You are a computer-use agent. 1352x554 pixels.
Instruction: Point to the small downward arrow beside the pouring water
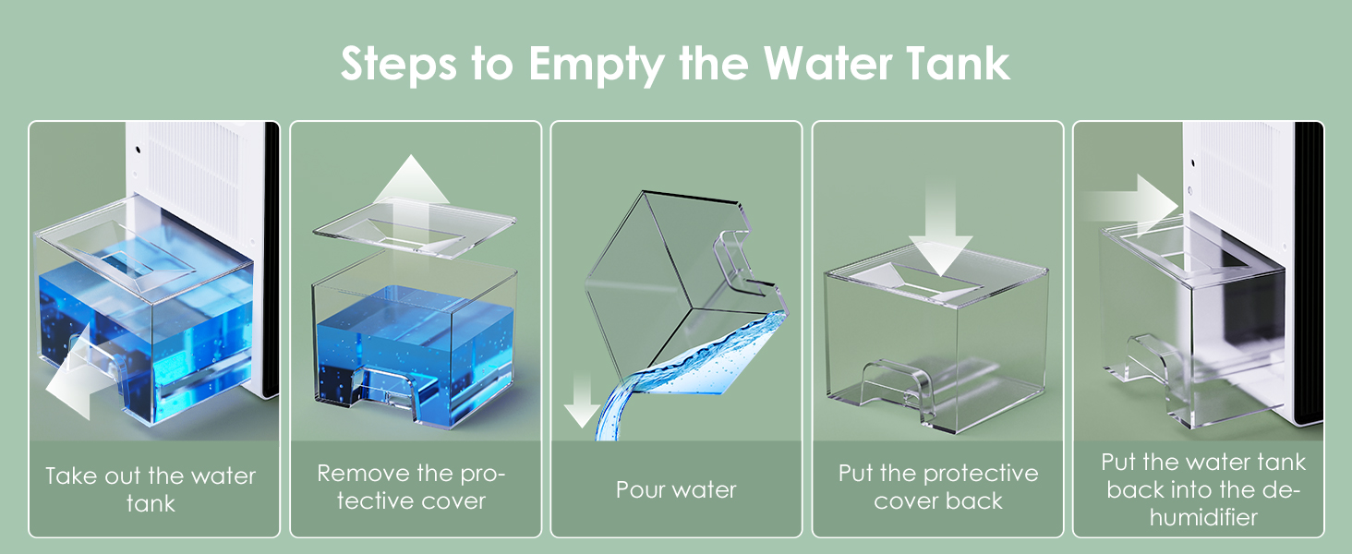[581, 400]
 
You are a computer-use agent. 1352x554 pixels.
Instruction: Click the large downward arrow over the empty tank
[940, 233]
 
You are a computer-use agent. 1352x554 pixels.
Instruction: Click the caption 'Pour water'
[676, 489]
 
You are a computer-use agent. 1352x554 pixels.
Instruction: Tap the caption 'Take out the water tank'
[151, 489]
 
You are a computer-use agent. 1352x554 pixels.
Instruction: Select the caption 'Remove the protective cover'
[412, 487]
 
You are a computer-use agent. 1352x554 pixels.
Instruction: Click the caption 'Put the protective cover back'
[938, 487]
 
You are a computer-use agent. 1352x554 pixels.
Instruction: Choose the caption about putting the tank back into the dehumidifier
[1203, 489]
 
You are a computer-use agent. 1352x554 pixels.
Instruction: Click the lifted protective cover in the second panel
[414, 229]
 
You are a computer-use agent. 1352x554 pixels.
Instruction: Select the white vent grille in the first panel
[199, 176]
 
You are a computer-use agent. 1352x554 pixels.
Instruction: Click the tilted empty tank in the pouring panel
[682, 283]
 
